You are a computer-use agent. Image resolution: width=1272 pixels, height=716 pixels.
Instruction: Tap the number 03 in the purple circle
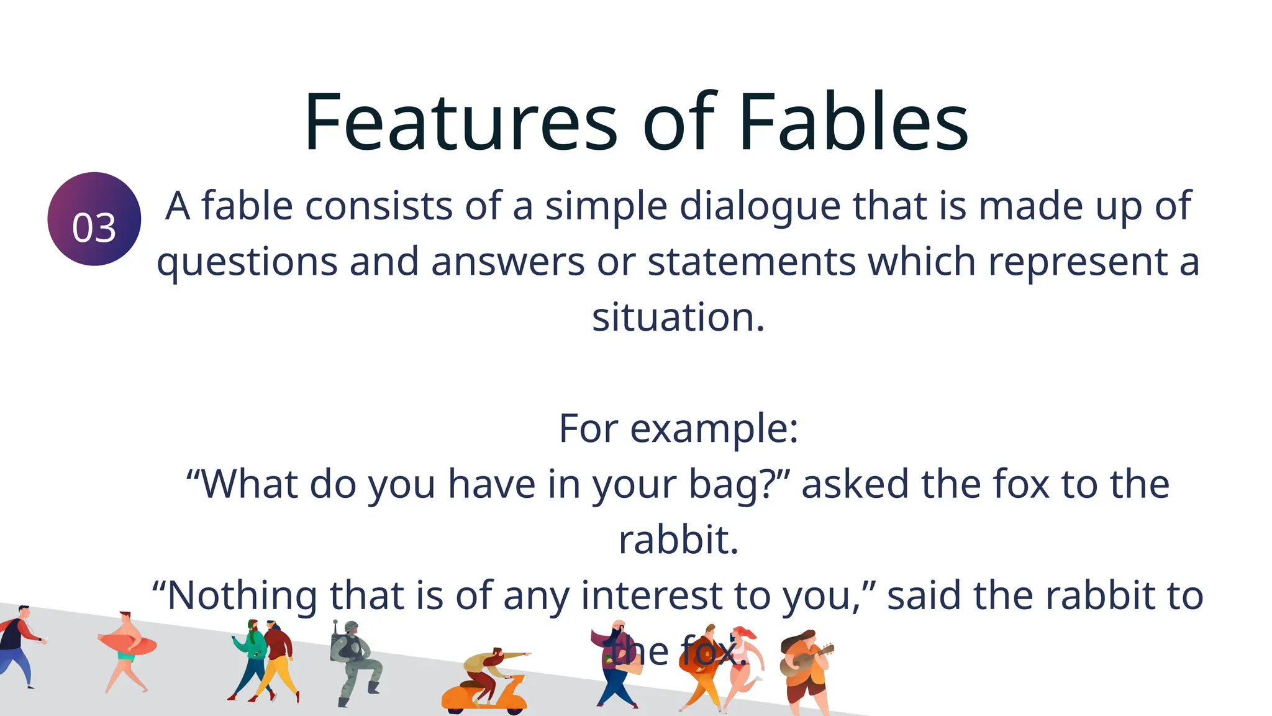[94, 227]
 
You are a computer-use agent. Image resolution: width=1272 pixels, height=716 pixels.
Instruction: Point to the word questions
[247, 262]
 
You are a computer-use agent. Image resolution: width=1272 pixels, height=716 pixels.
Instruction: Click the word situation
[678, 317]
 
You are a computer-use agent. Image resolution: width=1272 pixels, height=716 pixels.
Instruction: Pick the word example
[714, 429]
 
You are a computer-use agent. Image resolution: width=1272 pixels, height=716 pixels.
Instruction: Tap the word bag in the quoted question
[731, 485]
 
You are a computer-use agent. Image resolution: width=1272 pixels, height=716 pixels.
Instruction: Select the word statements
[752, 262]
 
